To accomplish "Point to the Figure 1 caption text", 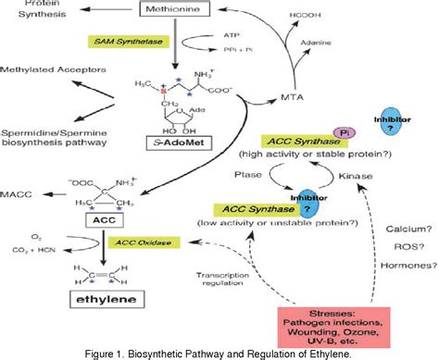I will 219,352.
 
